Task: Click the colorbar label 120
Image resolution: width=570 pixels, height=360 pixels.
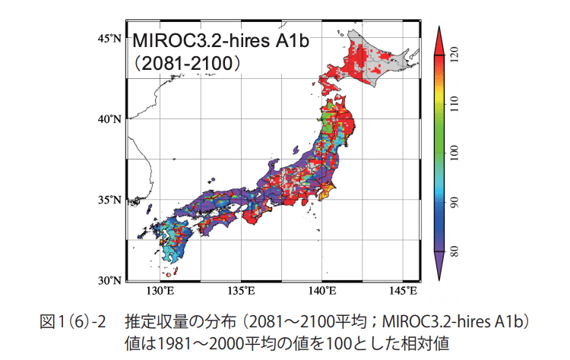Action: (x=455, y=55)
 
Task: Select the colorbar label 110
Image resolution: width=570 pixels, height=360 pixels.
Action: (x=455, y=104)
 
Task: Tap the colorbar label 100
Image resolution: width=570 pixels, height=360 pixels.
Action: (x=455, y=153)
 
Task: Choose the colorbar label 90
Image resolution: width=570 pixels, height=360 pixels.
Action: (x=455, y=202)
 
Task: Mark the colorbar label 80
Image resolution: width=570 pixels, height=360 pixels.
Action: (x=455, y=251)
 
